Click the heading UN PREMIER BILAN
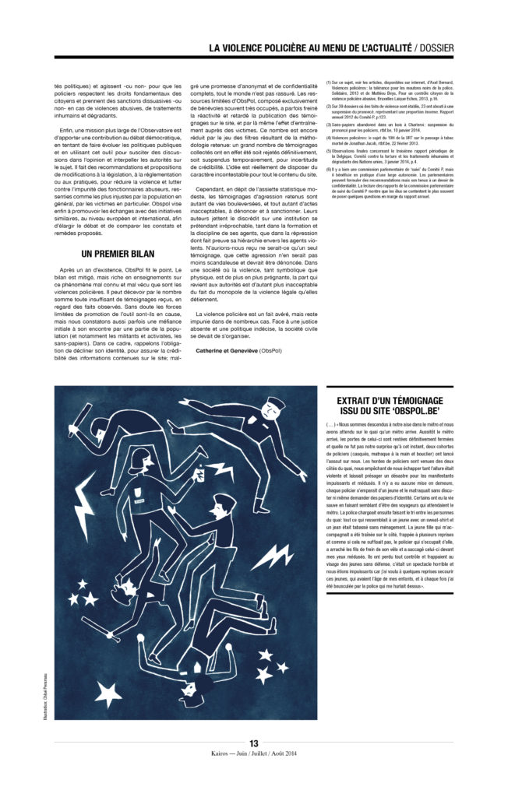pos(118,254)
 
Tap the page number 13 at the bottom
pos(253,743)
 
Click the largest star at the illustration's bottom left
pos(108,690)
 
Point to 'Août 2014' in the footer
pos(284,754)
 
